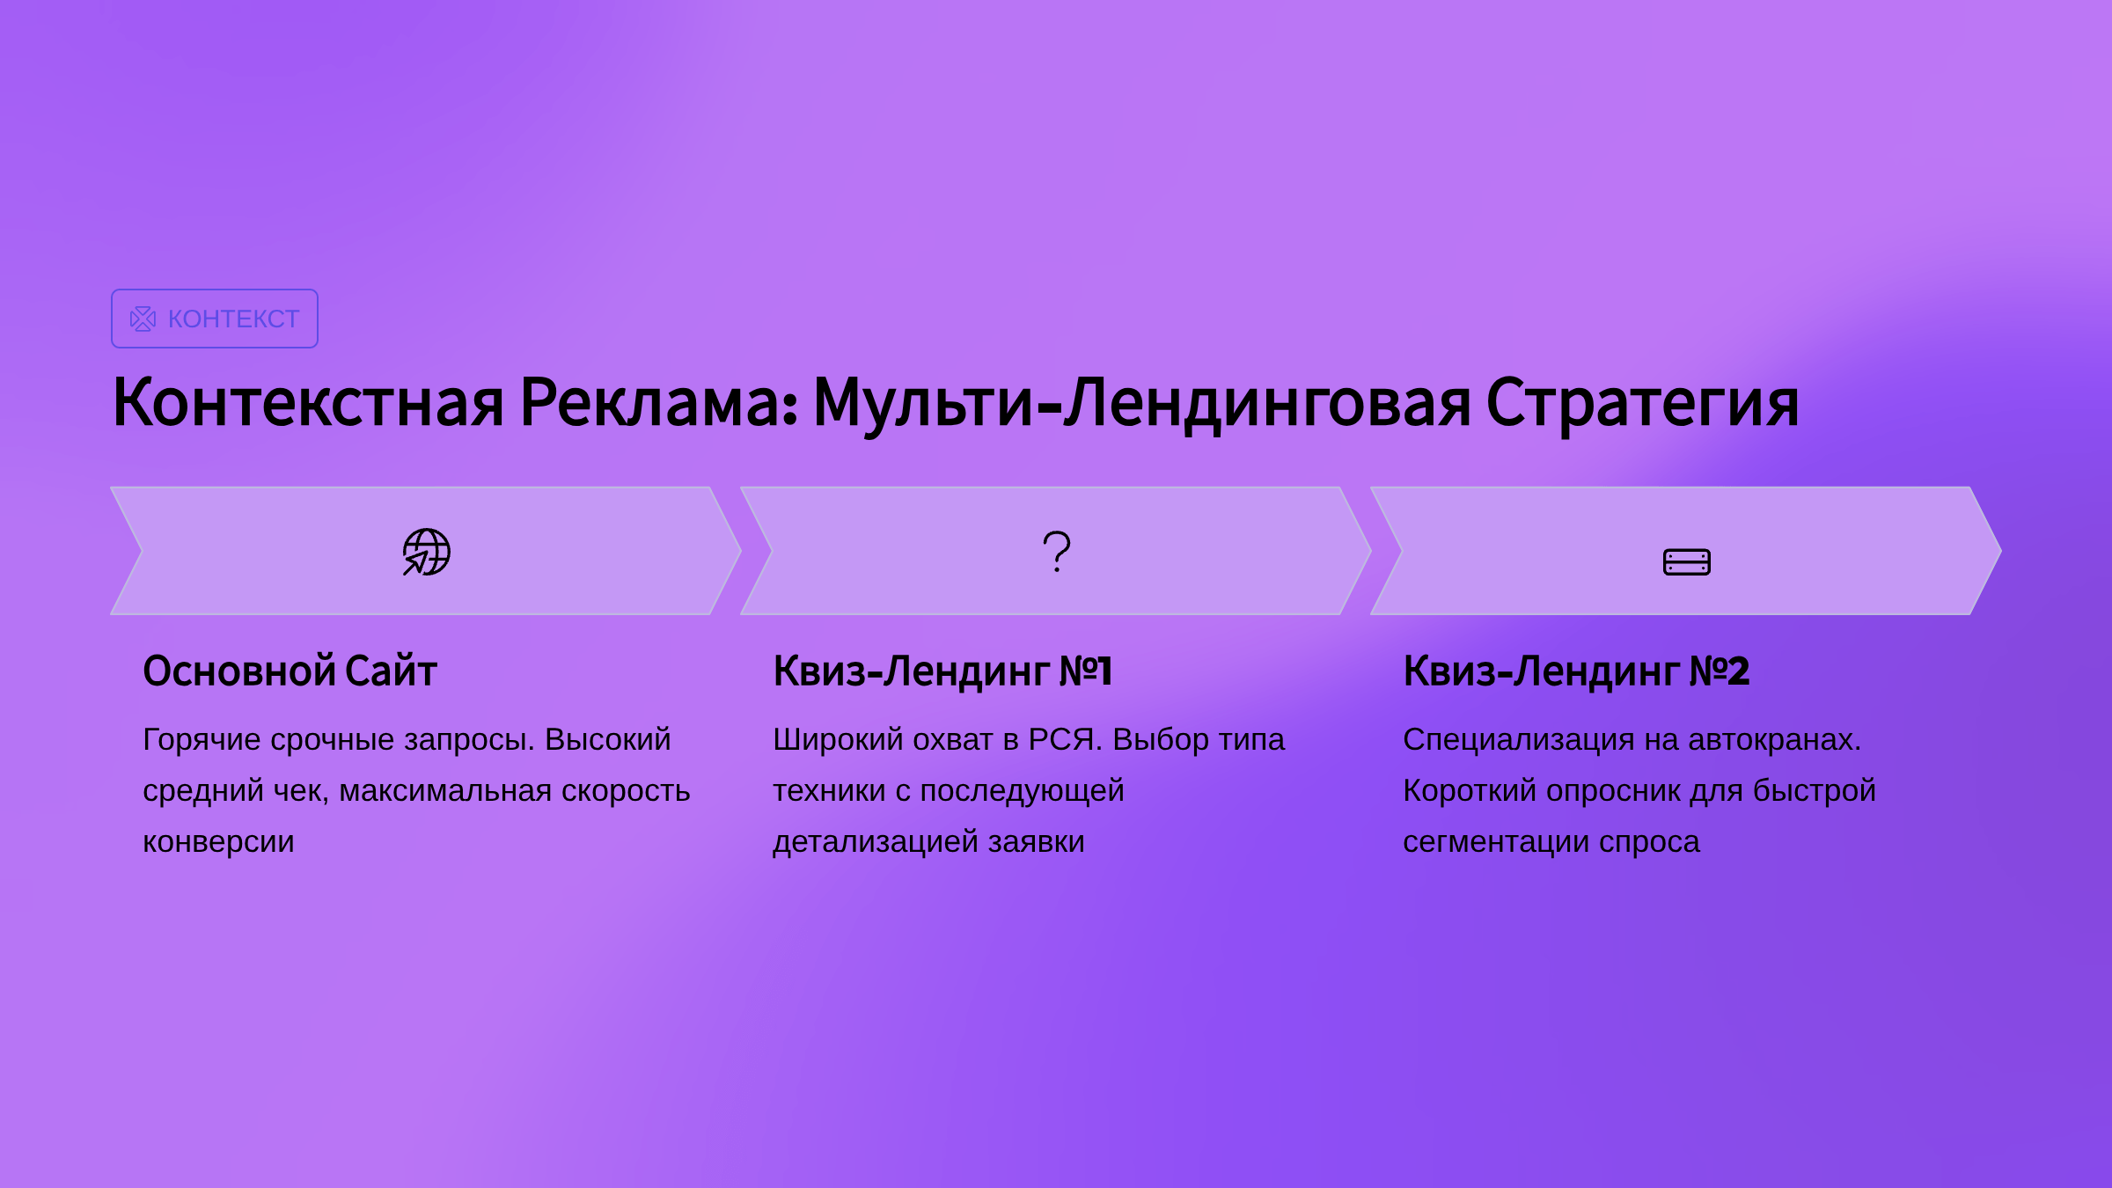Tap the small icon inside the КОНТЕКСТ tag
(x=143, y=319)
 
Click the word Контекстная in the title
(x=308, y=403)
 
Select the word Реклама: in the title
(x=659, y=403)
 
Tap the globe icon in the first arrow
(x=427, y=552)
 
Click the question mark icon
(x=1057, y=552)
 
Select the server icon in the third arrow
(x=1687, y=561)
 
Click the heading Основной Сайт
(x=290, y=671)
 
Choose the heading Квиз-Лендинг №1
(x=942, y=671)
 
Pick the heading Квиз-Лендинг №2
(x=1576, y=671)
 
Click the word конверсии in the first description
(x=218, y=842)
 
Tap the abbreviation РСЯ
(x=1065, y=739)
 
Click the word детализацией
(x=876, y=843)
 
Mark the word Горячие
(x=202, y=740)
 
